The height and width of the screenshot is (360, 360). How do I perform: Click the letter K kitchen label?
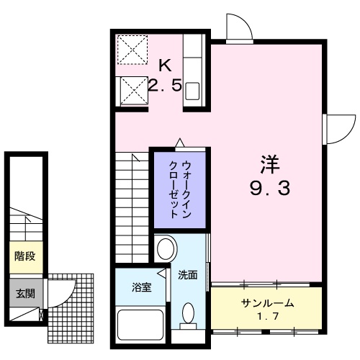(165, 66)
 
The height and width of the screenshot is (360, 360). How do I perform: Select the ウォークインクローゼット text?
(180, 185)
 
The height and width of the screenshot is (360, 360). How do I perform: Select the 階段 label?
(24, 256)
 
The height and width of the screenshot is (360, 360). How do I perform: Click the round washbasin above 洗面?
(165, 250)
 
